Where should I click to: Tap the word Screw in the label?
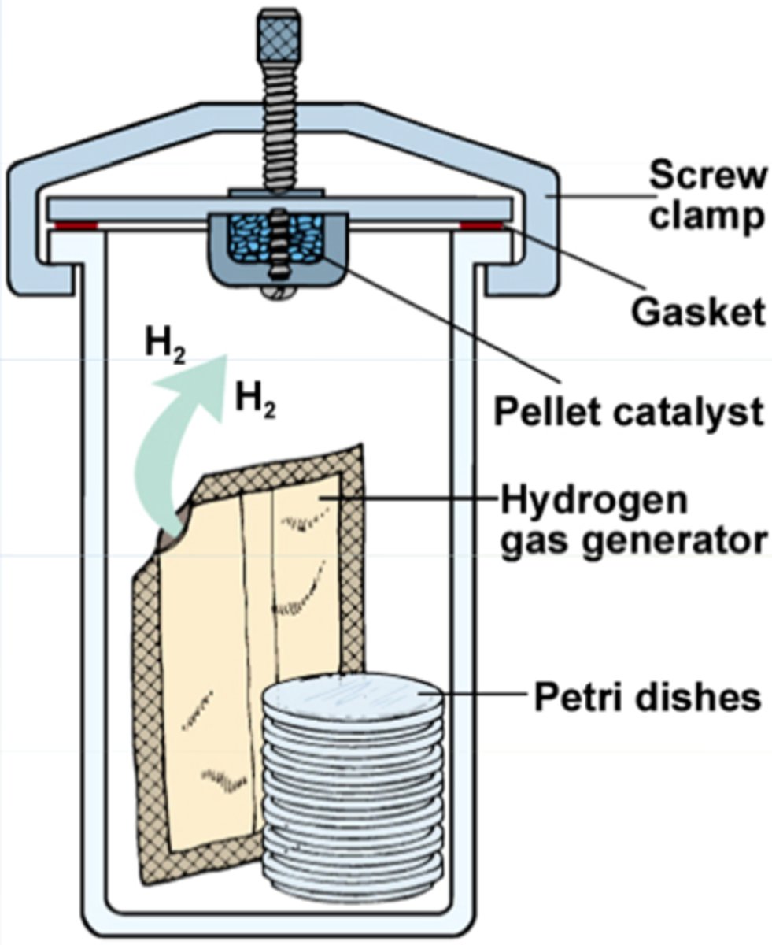706,176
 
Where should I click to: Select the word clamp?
706,216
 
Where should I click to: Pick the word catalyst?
685,410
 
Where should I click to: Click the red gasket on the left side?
74,225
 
